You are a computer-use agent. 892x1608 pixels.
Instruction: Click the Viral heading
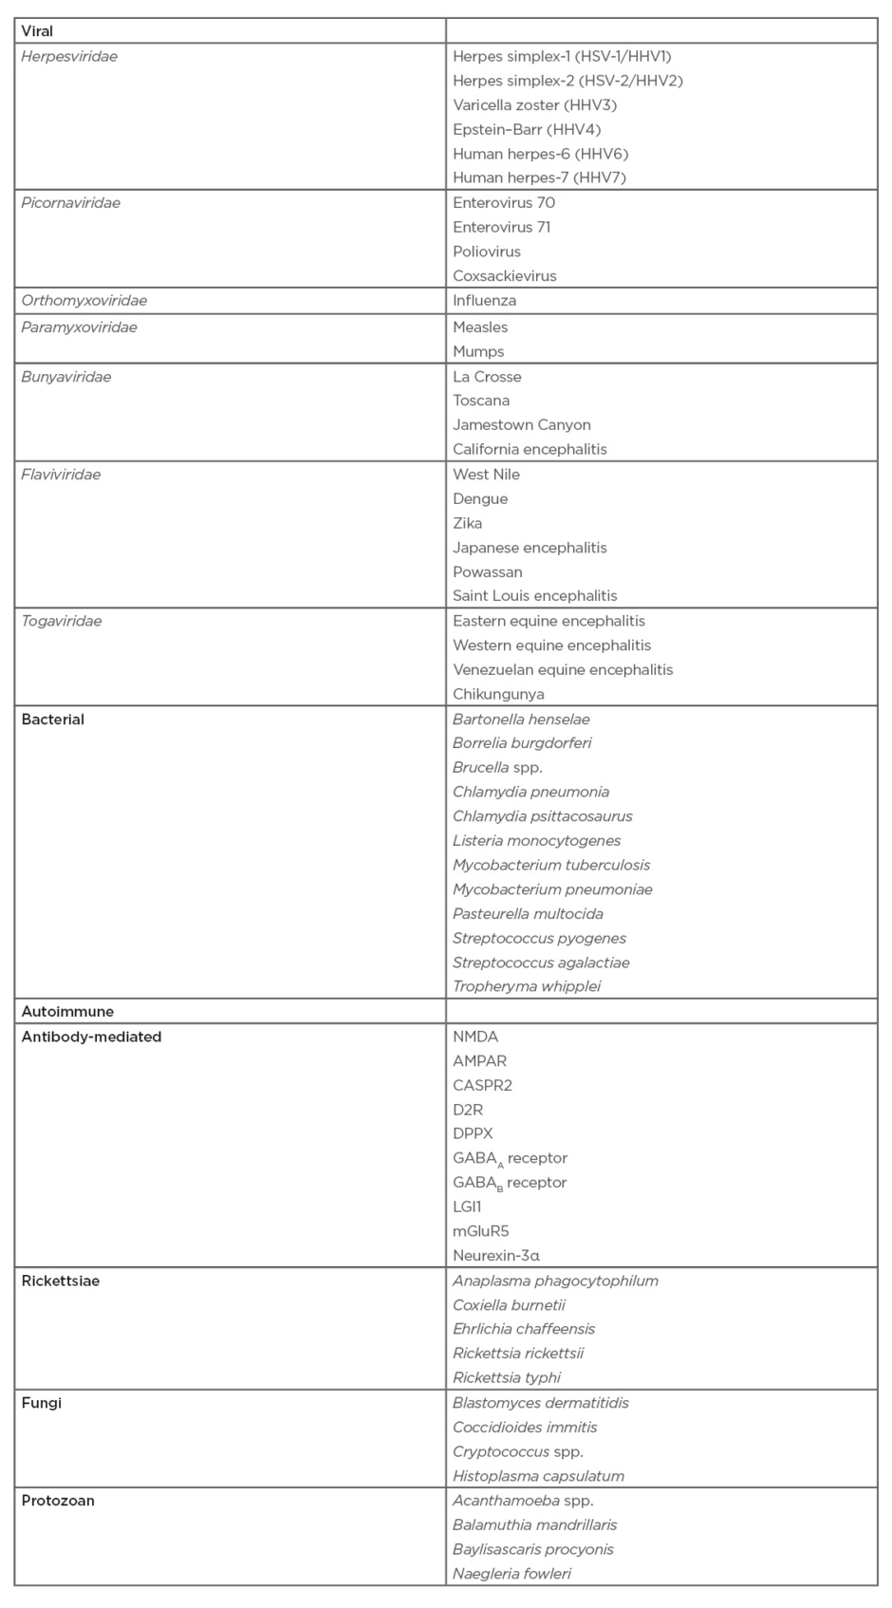click(38, 31)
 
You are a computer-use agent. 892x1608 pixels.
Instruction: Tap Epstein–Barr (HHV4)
click(527, 129)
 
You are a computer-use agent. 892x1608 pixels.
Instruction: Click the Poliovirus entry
click(487, 252)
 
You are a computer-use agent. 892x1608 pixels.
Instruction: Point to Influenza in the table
click(485, 300)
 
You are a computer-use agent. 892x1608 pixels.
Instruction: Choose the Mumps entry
click(478, 351)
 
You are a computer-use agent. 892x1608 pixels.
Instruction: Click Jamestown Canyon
click(522, 424)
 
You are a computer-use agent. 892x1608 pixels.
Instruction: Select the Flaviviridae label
click(61, 474)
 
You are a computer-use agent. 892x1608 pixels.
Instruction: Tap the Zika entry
click(468, 523)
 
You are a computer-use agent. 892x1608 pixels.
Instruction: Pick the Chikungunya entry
click(499, 694)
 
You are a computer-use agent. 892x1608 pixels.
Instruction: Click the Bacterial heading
click(53, 720)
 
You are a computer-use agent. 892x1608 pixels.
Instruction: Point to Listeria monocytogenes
click(537, 840)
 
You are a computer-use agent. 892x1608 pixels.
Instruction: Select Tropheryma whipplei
click(527, 986)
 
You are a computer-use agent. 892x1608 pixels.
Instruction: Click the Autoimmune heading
click(67, 1012)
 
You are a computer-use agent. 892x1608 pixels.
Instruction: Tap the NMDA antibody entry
click(475, 1037)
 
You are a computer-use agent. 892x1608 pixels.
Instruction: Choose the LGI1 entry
click(468, 1206)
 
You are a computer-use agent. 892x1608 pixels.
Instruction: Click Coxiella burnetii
click(510, 1305)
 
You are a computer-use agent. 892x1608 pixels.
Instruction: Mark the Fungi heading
click(42, 1403)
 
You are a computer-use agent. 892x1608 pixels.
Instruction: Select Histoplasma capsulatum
click(539, 1476)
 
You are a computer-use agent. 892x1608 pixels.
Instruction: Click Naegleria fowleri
click(512, 1574)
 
